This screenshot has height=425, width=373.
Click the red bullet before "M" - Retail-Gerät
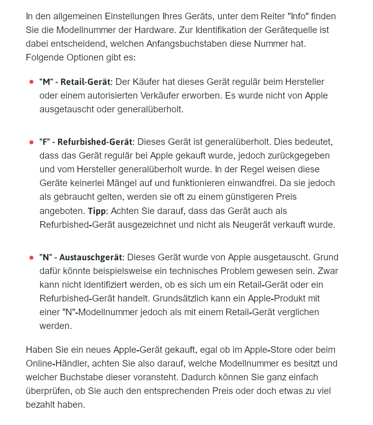[32, 82]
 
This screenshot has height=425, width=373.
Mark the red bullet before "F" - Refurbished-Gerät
[32, 142]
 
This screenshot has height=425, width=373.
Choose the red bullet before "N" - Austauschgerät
[32, 258]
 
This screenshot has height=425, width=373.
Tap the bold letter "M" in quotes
[46, 82]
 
